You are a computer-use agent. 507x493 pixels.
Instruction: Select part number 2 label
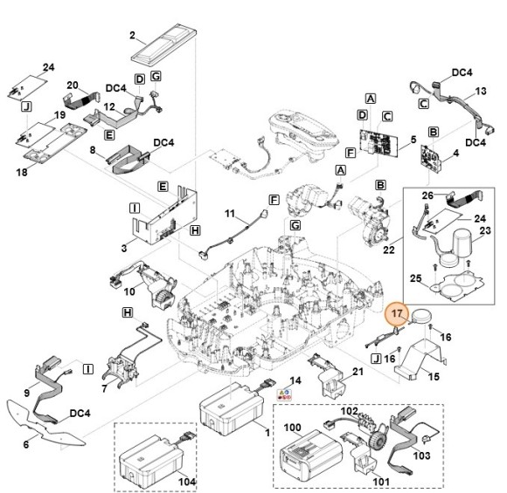pos(132,35)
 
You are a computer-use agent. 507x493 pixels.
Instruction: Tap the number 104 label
pos(187,482)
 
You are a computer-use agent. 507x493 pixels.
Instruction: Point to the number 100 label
pos(292,428)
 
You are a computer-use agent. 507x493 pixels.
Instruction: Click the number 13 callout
pos(481,91)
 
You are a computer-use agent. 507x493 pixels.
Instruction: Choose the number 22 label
pos(389,250)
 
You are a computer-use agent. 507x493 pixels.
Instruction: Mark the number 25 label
pos(416,278)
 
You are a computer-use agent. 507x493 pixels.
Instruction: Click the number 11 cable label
pos(230,214)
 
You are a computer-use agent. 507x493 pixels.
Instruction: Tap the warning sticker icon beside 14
pos(285,394)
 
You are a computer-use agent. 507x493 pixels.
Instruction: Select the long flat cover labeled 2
pos(164,43)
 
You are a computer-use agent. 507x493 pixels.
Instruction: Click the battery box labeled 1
pos(231,407)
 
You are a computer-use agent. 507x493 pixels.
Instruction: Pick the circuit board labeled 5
pos(379,143)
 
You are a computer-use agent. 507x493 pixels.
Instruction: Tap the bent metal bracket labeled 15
pos(420,359)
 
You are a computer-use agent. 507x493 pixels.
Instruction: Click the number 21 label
pos(358,372)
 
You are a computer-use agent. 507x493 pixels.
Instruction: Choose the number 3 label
pos(124,248)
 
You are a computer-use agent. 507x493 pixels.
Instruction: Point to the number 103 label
pos(422,455)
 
